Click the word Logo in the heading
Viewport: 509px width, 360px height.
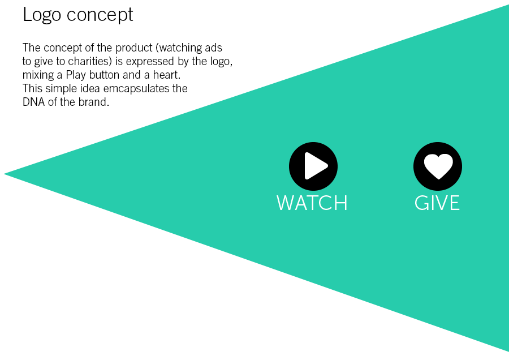(x=42, y=15)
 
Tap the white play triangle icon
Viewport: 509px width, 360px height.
(x=316, y=166)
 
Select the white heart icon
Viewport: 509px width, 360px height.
(x=438, y=166)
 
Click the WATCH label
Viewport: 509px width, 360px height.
(x=312, y=203)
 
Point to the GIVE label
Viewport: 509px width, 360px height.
(x=437, y=203)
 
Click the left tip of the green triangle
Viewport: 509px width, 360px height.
(x=4, y=174)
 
